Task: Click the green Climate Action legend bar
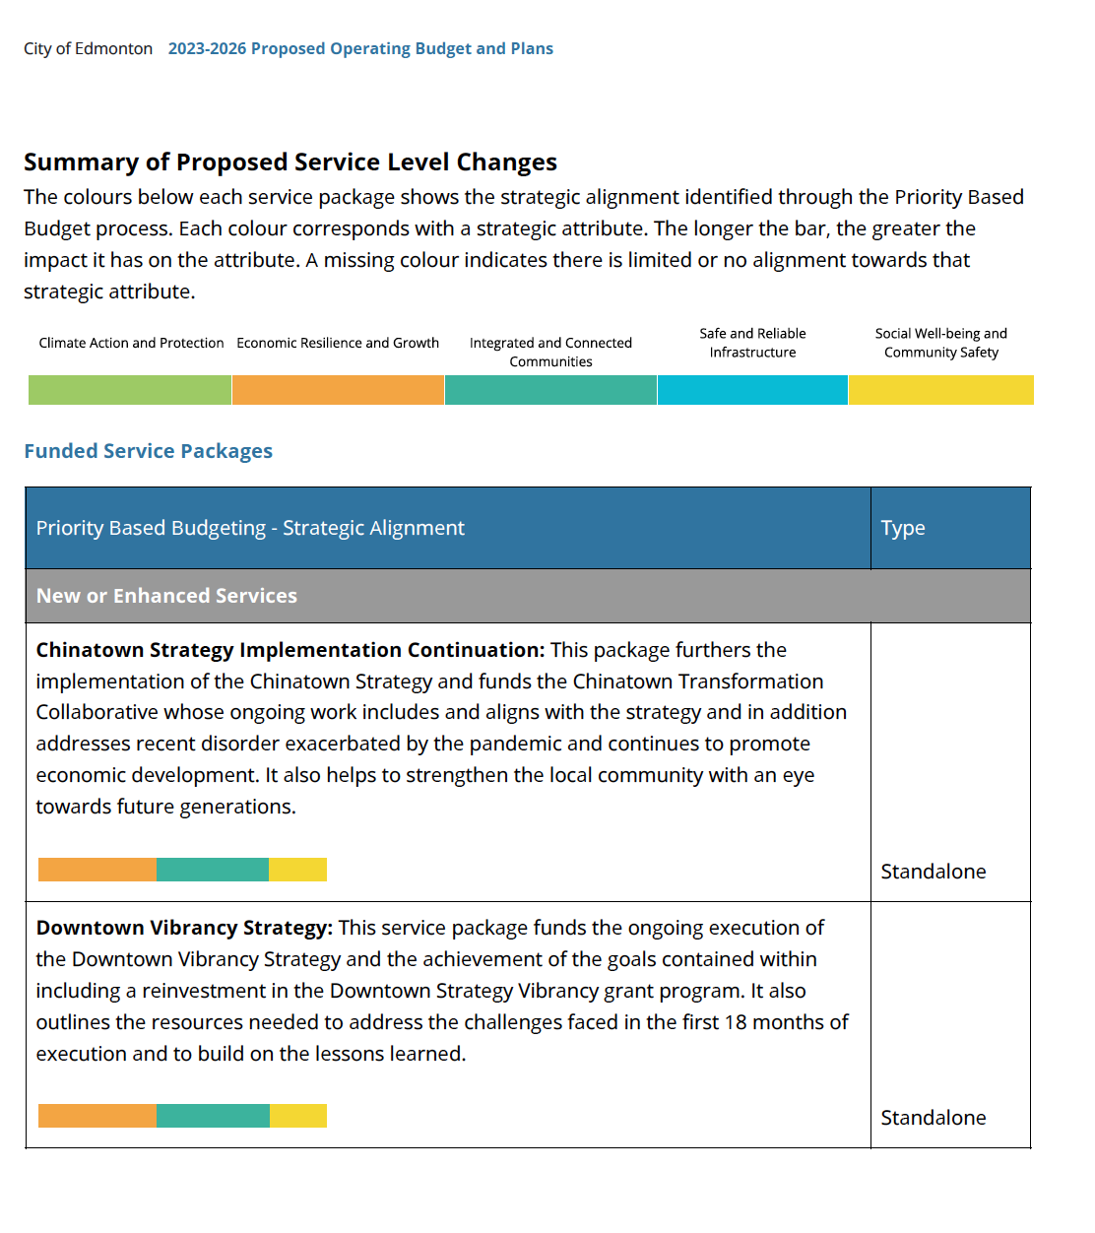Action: [x=130, y=389]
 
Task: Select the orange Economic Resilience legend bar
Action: [x=338, y=389]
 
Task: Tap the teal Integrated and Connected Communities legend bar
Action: [x=550, y=389]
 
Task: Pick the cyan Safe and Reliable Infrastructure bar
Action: [x=752, y=389]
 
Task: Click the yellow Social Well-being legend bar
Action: [x=940, y=389]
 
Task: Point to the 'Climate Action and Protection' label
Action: [x=132, y=343]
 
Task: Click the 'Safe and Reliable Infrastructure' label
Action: [x=752, y=343]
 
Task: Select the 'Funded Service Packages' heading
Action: [x=148, y=451]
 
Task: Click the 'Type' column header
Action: [x=903, y=528]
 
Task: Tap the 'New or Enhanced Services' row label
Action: [x=166, y=595]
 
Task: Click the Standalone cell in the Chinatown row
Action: [x=934, y=871]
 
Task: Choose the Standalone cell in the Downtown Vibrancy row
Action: [x=934, y=1118]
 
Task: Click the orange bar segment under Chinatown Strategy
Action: [x=97, y=869]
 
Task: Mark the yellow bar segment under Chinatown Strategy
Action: [x=297, y=869]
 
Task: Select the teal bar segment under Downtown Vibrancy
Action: [x=213, y=1116]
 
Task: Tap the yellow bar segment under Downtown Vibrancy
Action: [x=298, y=1116]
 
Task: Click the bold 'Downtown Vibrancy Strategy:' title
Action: [x=184, y=928]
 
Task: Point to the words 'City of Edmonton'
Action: [x=89, y=48]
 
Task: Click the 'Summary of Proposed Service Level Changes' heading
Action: [x=290, y=162]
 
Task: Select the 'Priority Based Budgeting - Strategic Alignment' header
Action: [x=250, y=528]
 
